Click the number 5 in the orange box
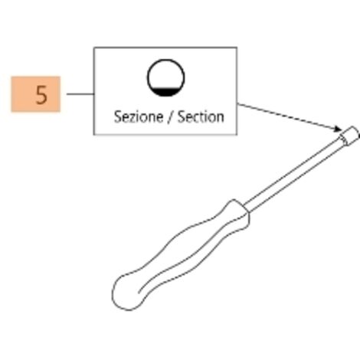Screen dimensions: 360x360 41,95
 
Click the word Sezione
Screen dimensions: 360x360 139,117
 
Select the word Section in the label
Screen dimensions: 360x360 201,117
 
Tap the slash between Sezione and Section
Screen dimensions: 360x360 170,117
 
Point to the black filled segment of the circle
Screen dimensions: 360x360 165,91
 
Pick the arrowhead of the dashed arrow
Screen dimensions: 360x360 338,129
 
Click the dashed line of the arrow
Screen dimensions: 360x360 287,116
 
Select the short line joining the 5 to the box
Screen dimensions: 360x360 80,94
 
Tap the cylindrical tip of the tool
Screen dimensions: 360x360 349,136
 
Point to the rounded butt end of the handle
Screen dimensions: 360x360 125,293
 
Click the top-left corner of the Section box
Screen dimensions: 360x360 94,47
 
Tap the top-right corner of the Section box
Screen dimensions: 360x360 237,47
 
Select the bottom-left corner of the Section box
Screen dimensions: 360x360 94,134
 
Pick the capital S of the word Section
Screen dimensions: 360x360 182,117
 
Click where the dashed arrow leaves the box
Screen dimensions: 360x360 237,103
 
